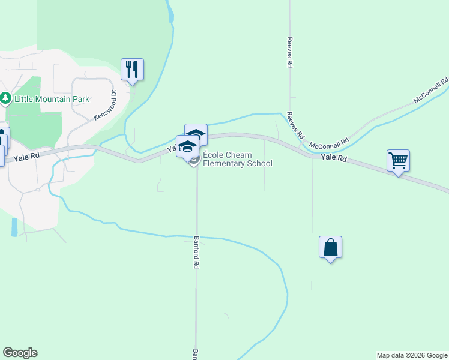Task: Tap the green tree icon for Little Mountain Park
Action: coord(6,98)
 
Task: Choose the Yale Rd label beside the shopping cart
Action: coord(334,158)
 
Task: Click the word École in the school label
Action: coord(214,155)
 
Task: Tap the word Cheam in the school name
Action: coord(240,155)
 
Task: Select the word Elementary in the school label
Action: coord(224,164)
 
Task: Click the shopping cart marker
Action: coord(398,160)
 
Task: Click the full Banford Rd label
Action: coord(196,251)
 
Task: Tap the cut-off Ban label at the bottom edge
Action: coord(195,355)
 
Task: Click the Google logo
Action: coord(20,353)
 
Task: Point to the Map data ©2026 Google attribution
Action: coord(412,355)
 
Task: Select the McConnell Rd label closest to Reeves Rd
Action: coord(328,144)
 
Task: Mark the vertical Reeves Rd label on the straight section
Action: coord(290,54)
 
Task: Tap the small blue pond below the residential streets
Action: coord(14,227)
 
